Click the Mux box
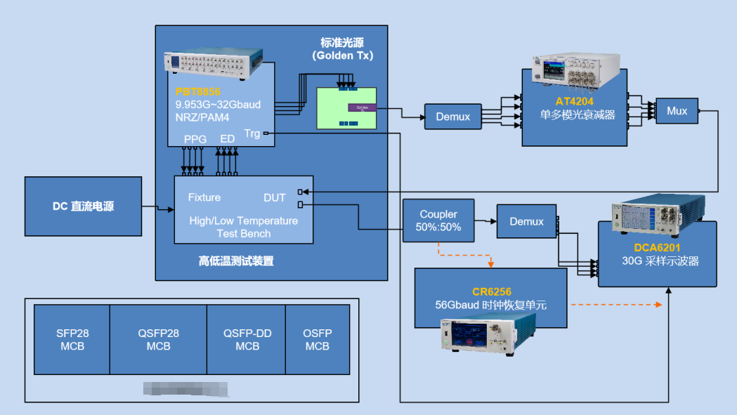click(x=677, y=111)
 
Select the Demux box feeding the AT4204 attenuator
click(x=453, y=117)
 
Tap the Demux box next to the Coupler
click(x=526, y=221)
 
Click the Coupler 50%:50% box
click(x=438, y=220)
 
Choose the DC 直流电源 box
click(x=83, y=206)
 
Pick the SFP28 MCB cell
click(x=72, y=340)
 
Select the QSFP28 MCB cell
click(x=158, y=340)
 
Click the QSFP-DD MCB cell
click(x=247, y=340)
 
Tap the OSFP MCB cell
click(x=317, y=340)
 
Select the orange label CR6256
click(x=490, y=292)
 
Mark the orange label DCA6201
click(x=656, y=247)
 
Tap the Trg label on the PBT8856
click(x=252, y=133)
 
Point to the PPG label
click(x=195, y=139)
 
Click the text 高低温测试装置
click(x=235, y=261)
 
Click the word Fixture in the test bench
click(x=204, y=197)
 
